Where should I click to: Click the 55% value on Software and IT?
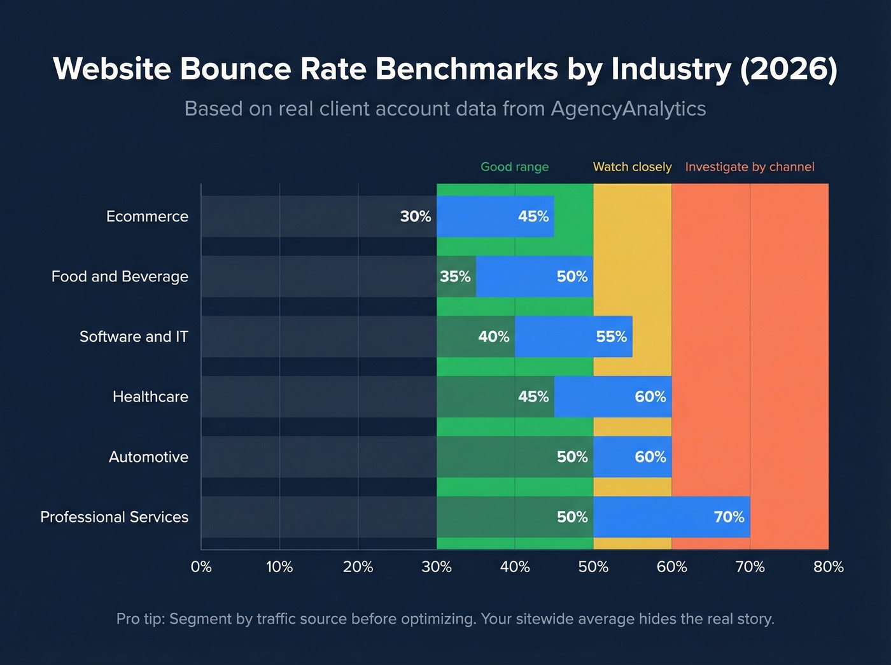pyautogui.click(x=611, y=337)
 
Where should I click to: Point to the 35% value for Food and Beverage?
pyautogui.click(x=455, y=276)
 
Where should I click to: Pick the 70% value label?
pyautogui.click(x=729, y=517)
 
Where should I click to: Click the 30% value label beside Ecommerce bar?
pyautogui.click(x=416, y=216)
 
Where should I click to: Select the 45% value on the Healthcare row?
pyautogui.click(x=533, y=396)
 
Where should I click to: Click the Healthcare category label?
pyautogui.click(x=150, y=396)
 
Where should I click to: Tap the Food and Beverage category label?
pyautogui.click(x=120, y=276)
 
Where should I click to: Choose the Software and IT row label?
pyautogui.click(x=134, y=337)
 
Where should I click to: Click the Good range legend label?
pyautogui.click(x=514, y=167)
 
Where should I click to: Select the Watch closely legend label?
pyautogui.click(x=632, y=167)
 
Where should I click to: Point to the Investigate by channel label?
pyautogui.click(x=750, y=167)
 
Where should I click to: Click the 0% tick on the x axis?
pyautogui.click(x=201, y=567)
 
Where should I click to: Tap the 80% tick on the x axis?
pyautogui.click(x=828, y=567)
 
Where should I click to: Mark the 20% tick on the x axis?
pyautogui.click(x=358, y=567)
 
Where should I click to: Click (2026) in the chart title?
pyautogui.click(x=789, y=69)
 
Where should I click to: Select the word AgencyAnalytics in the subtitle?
pyautogui.click(x=628, y=109)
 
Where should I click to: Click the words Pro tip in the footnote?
pyautogui.click(x=139, y=619)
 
